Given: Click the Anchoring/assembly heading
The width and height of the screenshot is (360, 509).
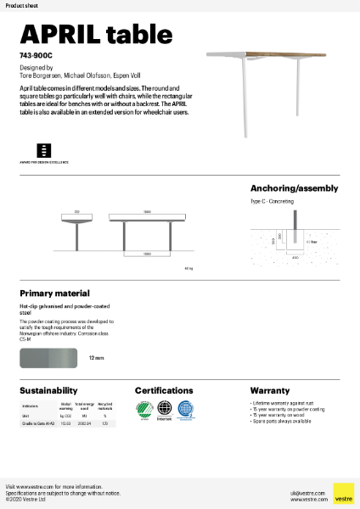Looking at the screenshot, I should point(294,188).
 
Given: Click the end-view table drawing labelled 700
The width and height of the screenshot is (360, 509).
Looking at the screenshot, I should point(76,229).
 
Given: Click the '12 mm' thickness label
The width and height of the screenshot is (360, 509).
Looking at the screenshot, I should point(96,358).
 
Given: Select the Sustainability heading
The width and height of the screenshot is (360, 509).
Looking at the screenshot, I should point(49,390).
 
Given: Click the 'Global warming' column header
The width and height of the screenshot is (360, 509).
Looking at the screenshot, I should point(65,406).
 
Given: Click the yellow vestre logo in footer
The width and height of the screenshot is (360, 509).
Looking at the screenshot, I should point(343,493).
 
